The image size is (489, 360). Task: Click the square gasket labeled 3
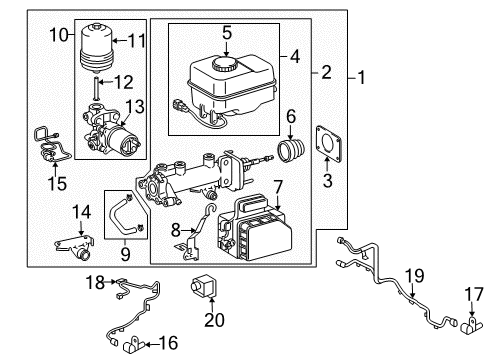pos(326,142)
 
